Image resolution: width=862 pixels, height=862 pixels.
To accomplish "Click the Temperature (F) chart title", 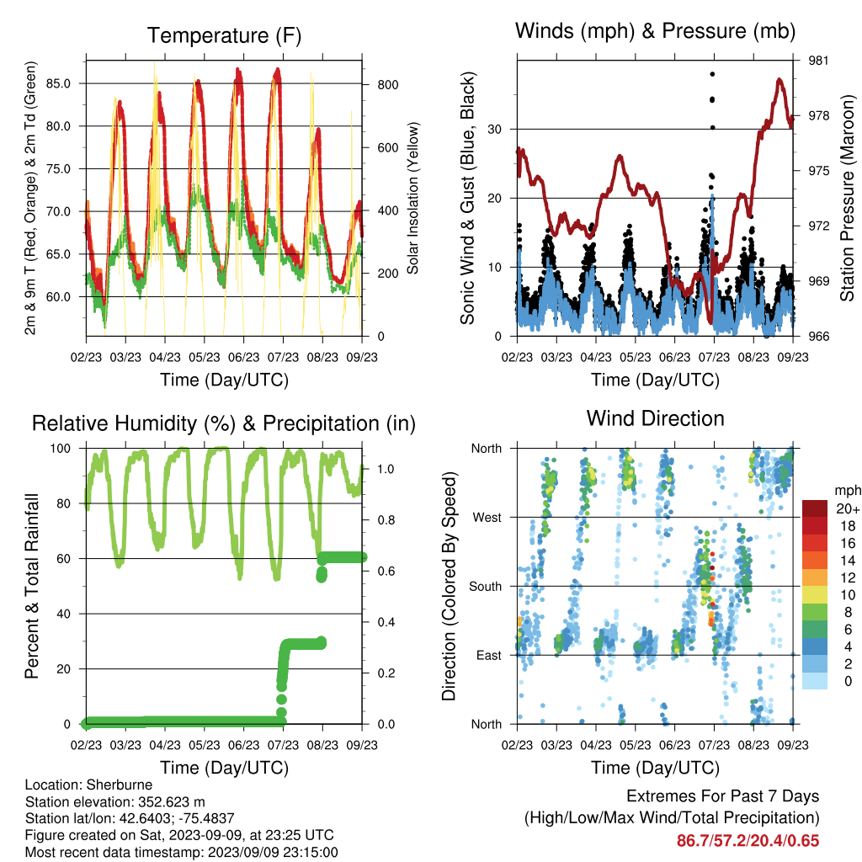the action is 224,35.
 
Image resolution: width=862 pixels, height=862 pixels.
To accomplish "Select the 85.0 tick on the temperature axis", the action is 58,83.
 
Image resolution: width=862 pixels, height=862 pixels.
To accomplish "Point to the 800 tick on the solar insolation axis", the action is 388,85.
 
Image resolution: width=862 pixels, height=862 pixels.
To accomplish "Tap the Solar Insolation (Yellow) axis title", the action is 412,198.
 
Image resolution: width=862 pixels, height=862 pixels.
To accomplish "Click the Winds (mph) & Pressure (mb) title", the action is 655,31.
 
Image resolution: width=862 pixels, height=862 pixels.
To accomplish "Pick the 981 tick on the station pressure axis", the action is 818,61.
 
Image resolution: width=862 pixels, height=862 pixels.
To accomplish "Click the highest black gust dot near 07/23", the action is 712,74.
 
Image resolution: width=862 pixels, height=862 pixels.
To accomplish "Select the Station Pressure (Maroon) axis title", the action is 848,198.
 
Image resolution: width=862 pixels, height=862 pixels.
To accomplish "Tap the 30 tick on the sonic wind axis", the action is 495,129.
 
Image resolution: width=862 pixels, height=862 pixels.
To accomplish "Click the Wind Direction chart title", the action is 655,418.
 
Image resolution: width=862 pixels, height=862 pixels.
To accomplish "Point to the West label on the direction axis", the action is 487,518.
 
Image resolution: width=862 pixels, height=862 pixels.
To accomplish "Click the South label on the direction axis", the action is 486,587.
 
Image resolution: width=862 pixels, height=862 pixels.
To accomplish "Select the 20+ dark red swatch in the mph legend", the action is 815,508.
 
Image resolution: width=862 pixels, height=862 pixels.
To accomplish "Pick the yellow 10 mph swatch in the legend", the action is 815,594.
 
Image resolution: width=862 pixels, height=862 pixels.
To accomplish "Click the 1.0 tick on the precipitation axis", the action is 386,469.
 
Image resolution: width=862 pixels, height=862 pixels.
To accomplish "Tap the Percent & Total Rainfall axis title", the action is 32,586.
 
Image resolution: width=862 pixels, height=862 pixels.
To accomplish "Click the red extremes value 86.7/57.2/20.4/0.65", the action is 748,841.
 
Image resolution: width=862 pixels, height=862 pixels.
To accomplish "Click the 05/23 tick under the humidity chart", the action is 205,745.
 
